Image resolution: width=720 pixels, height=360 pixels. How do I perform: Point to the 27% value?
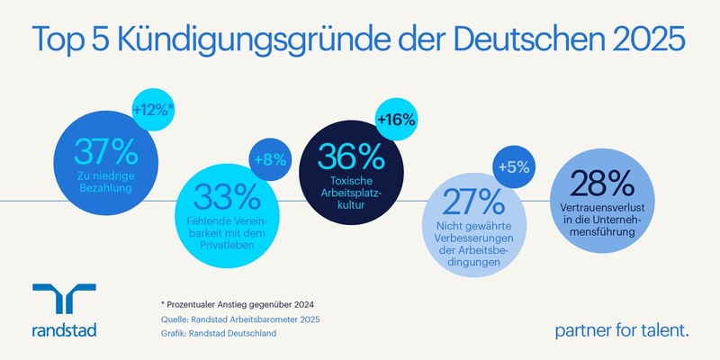(x=465, y=198)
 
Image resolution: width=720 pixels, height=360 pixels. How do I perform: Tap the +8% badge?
(x=270, y=159)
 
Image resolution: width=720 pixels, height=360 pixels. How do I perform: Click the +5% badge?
(x=511, y=166)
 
